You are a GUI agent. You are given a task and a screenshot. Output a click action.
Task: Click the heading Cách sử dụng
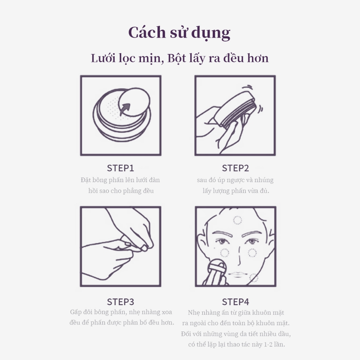click(179, 33)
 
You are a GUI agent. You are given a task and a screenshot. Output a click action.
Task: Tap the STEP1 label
click(121, 168)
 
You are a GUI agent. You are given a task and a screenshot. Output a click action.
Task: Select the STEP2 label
click(235, 168)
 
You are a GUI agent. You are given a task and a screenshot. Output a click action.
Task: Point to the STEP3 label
click(121, 302)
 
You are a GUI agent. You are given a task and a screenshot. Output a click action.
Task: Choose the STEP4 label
click(235, 302)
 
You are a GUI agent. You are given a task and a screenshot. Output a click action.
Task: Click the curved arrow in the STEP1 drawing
click(124, 109)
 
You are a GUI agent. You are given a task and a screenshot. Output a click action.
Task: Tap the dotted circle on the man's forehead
click(237, 220)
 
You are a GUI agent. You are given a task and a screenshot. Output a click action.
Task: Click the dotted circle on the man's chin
click(254, 278)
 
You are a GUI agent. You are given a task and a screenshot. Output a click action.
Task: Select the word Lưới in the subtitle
click(103, 58)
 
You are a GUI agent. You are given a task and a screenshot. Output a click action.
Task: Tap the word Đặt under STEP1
click(85, 180)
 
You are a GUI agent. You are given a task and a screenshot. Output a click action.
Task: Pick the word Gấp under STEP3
click(76, 312)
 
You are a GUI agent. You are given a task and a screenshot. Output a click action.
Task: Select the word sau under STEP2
click(202, 180)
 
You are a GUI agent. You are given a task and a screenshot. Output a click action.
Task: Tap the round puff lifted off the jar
click(134, 102)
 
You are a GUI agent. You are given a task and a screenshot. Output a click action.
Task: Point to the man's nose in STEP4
click(239, 256)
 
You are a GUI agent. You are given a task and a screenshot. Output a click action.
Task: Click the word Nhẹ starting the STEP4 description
click(193, 313)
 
